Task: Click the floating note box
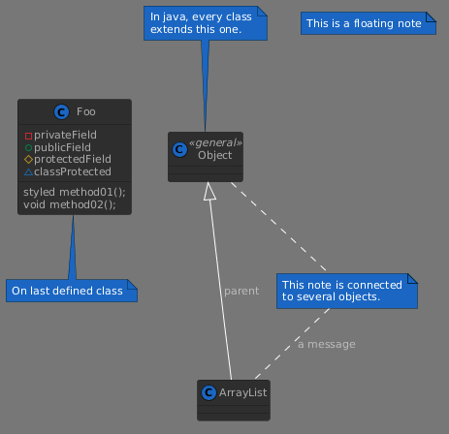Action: pyautogui.click(x=369, y=23)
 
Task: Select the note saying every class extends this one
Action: pyautogui.click(x=206, y=23)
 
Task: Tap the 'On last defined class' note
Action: pyautogui.click(x=72, y=291)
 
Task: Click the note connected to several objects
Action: pyautogui.click(x=347, y=291)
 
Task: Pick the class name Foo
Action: pyautogui.click(x=86, y=111)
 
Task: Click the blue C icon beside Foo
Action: pyautogui.click(x=61, y=112)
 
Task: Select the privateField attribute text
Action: pyautogui.click(x=65, y=135)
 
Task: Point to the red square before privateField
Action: pyautogui.click(x=28, y=136)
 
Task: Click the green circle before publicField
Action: pyautogui.click(x=28, y=148)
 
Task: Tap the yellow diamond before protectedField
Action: pyautogui.click(x=28, y=159)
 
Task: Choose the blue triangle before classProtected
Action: pyautogui.click(x=28, y=172)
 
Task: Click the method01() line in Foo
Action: pyautogui.click(x=75, y=192)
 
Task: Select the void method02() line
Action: pyautogui.click(x=70, y=204)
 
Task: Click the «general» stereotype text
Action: pyautogui.click(x=215, y=142)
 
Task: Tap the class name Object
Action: pyautogui.click(x=215, y=155)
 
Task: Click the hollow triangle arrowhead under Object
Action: pyautogui.click(x=209, y=191)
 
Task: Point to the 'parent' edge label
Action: pyautogui.click(x=241, y=292)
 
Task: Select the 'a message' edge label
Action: pyautogui.click(x=327, y=344)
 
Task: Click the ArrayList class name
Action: pyautogui.click(x=242, y=392)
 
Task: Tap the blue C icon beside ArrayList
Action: pyautogui.click(x=208, y=392)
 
